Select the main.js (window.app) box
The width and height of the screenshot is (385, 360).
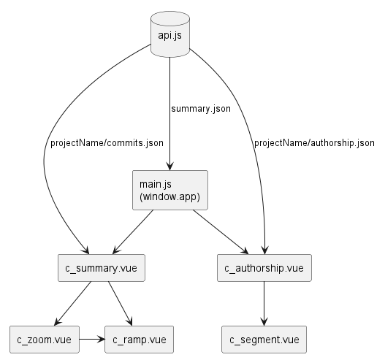[169, 191]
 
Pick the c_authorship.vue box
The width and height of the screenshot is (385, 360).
[264, 268]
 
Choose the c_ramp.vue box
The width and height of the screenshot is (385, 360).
[140, 340]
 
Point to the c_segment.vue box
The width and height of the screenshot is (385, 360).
[264, 340]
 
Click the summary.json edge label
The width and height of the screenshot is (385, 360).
[200, 109]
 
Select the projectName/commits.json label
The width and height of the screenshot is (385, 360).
[107, 142]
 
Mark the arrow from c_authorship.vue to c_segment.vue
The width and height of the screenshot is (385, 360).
[264, 303]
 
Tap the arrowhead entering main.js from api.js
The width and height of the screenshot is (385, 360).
[169, 166]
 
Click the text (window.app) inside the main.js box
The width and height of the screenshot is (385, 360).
[169, 197]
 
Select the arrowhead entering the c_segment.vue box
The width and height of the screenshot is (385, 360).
[264, 322]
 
